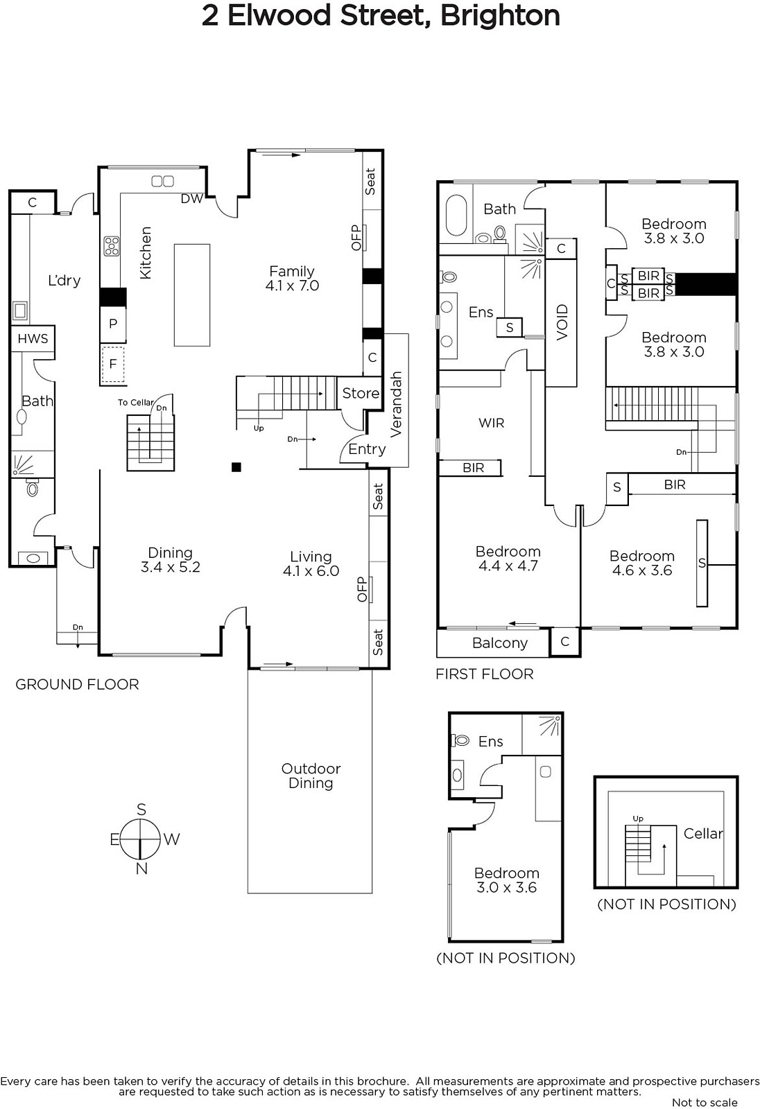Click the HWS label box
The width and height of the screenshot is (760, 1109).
pyautogui.click(x=33, y=339)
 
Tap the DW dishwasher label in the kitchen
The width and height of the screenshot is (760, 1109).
pyautogui.click(x=192, y=198)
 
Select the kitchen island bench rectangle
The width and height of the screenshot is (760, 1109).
pyautogui.click(x=192, y=295)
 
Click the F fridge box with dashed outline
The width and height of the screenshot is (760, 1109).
pyautogui.click(x=113, y=365)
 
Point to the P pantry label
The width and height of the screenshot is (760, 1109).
pyautogui.click(x=113, y=324)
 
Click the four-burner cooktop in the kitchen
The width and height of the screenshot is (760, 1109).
pyautogui.click(x=112, y=245)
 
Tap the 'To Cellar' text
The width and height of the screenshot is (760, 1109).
pyautogui.click(x=136, y=403)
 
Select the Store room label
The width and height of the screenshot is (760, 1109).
pyautogui.click(x=361, y=393)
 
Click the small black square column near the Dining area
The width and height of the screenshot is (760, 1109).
pyautogui.click(x=236, y=467)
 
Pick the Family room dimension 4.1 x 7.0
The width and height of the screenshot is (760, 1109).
pyautogui.click(x=292, y=286)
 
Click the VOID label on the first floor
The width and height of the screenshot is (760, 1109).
pyautogui.click(x=562, y=322)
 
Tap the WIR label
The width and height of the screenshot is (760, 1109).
pyautogui.click(x=491, y=423)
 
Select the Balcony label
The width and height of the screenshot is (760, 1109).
pyautogui.click(x=499, y=643)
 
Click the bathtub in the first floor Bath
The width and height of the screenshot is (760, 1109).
pyautogui.click(x=456, y=216)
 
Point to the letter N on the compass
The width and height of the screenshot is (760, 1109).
pyautogui.click(x=141, y=868)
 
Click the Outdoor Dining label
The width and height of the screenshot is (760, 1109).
pyautogui.click(x=311, y=776)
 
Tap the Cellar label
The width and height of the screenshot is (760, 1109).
pyautogui.click(x=703, y=834)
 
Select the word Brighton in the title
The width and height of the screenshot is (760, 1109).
pyautogui.click(x=500, y=16)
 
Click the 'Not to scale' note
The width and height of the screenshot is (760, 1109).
pyautogui.click(x=705, y=1103)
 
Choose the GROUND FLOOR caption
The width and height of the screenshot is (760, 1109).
pyautogui.click(x=77, y=684)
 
